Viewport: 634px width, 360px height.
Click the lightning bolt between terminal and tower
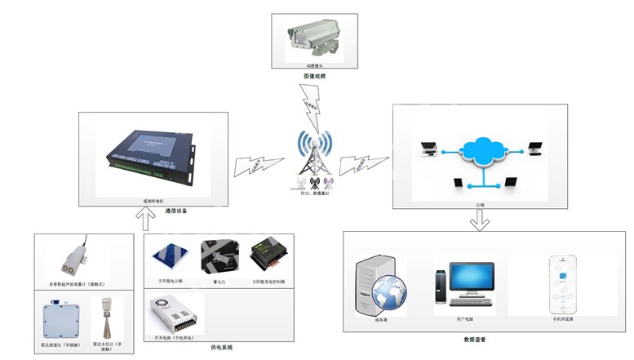click(x=252, y=162)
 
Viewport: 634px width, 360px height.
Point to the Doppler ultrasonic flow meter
click(x=74, y=257)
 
